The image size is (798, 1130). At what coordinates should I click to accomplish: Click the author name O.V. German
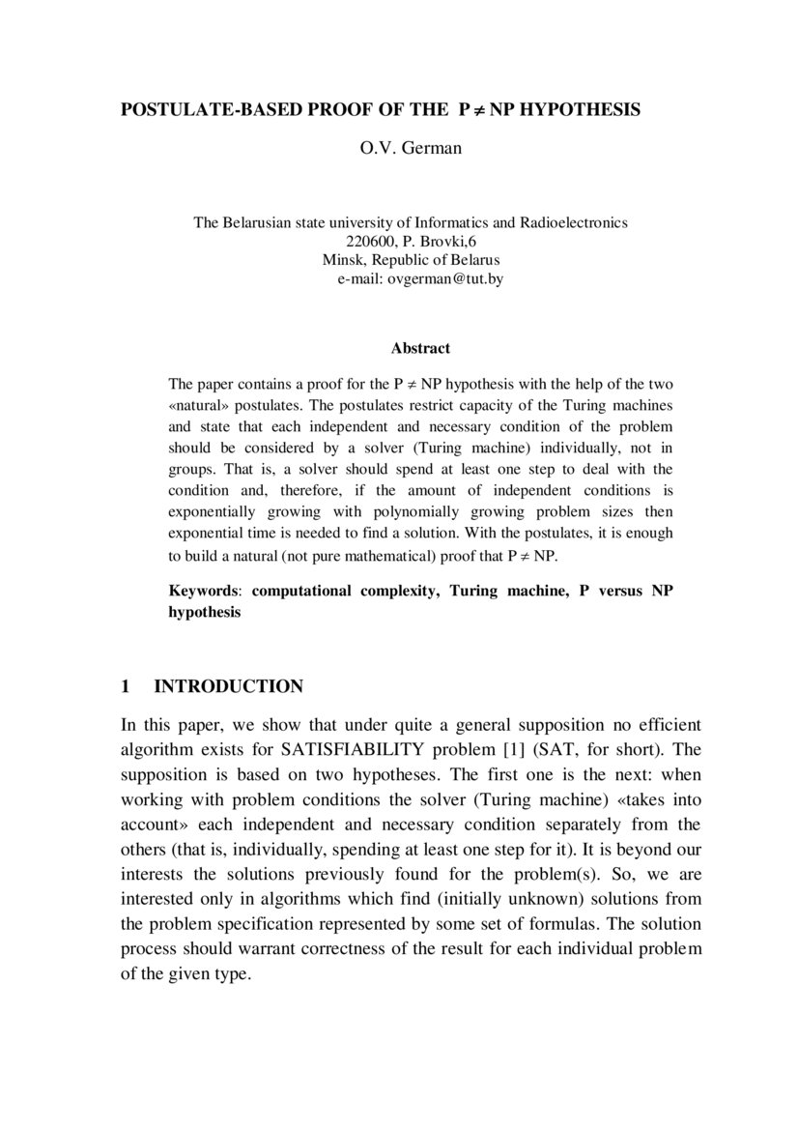pyautogui.click(x=398, y=149)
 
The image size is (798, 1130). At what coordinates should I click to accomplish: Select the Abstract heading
pyautogui.click(x=420, y=347)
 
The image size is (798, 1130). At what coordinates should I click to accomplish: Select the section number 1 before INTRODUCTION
pyautogui.click(x=126, y=686)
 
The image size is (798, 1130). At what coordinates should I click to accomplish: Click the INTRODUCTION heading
pyautogui.click(x=229, y=686)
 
